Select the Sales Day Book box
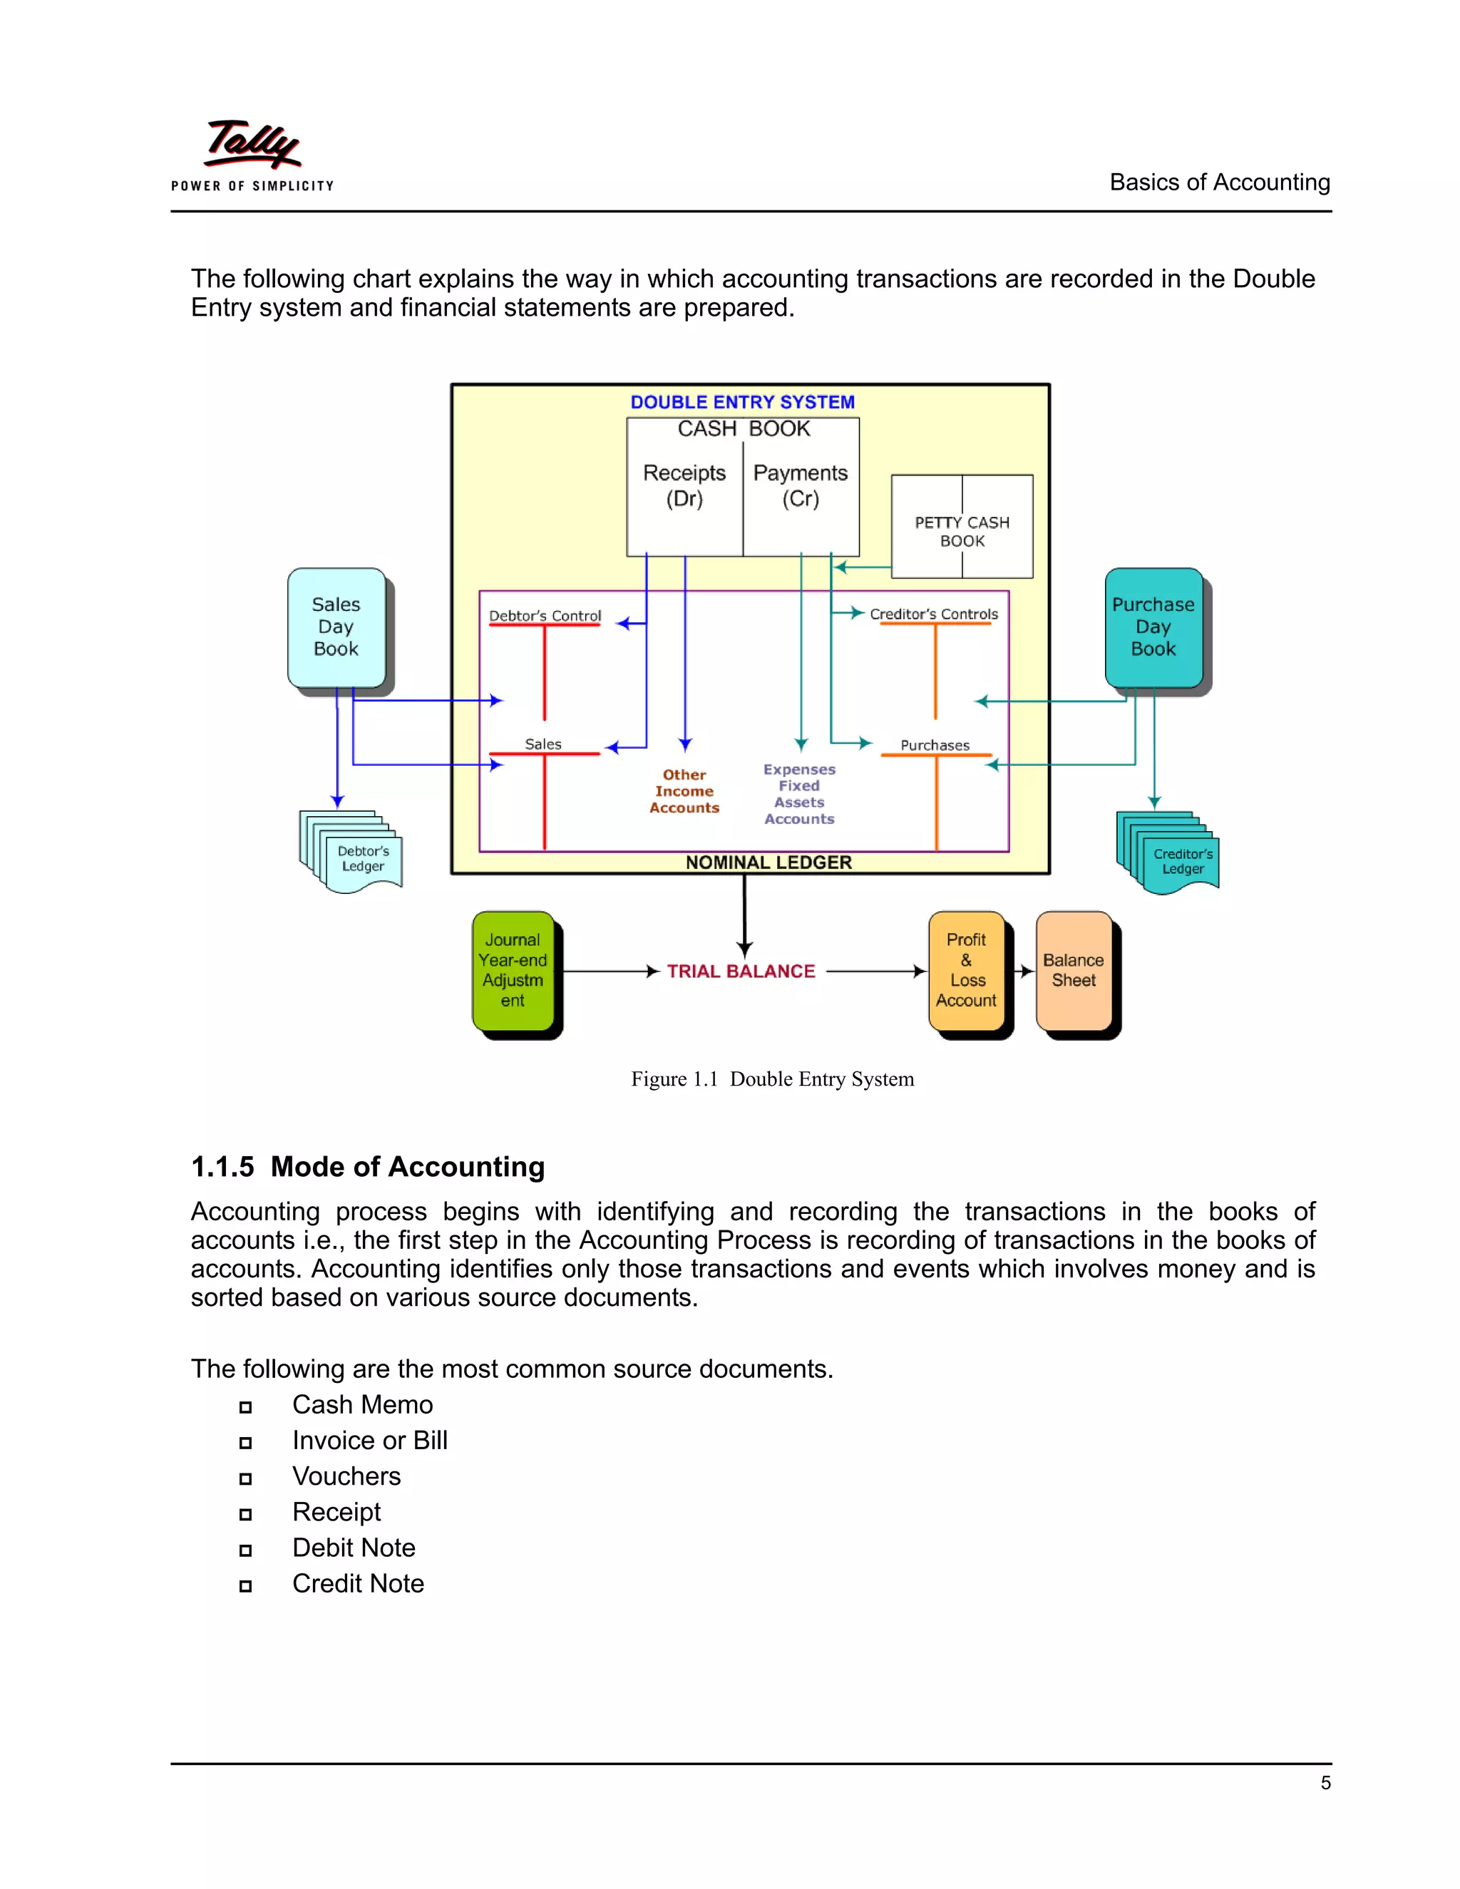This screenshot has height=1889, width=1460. [x=336, y=627]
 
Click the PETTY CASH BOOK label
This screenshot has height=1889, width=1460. [x=962, y=531]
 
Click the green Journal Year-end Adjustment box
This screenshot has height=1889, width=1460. [x=513, y=970]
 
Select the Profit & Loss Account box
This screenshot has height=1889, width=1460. [x=966, y=970]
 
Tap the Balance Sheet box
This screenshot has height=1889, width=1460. [x=1074, y=970]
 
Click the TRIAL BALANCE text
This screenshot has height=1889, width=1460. [x=741, y=972]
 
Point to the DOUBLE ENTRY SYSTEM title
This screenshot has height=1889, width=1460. [x=742, y=402]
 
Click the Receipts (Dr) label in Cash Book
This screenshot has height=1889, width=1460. [x=684, y=485]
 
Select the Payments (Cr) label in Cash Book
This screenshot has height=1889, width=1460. [x=800, y=485]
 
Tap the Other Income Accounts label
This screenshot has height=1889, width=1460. [x=684, y=791]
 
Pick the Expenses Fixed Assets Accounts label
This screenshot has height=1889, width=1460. [x=799, y=794]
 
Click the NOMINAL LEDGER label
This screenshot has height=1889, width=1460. [x=768, y=863]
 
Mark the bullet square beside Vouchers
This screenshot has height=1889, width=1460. [x=246, y=1478]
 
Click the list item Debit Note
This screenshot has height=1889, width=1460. [x=354, y=1548]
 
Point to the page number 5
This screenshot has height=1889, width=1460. [x=1325, y=1783]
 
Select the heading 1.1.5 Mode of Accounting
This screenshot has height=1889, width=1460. [x=368, y=1167]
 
